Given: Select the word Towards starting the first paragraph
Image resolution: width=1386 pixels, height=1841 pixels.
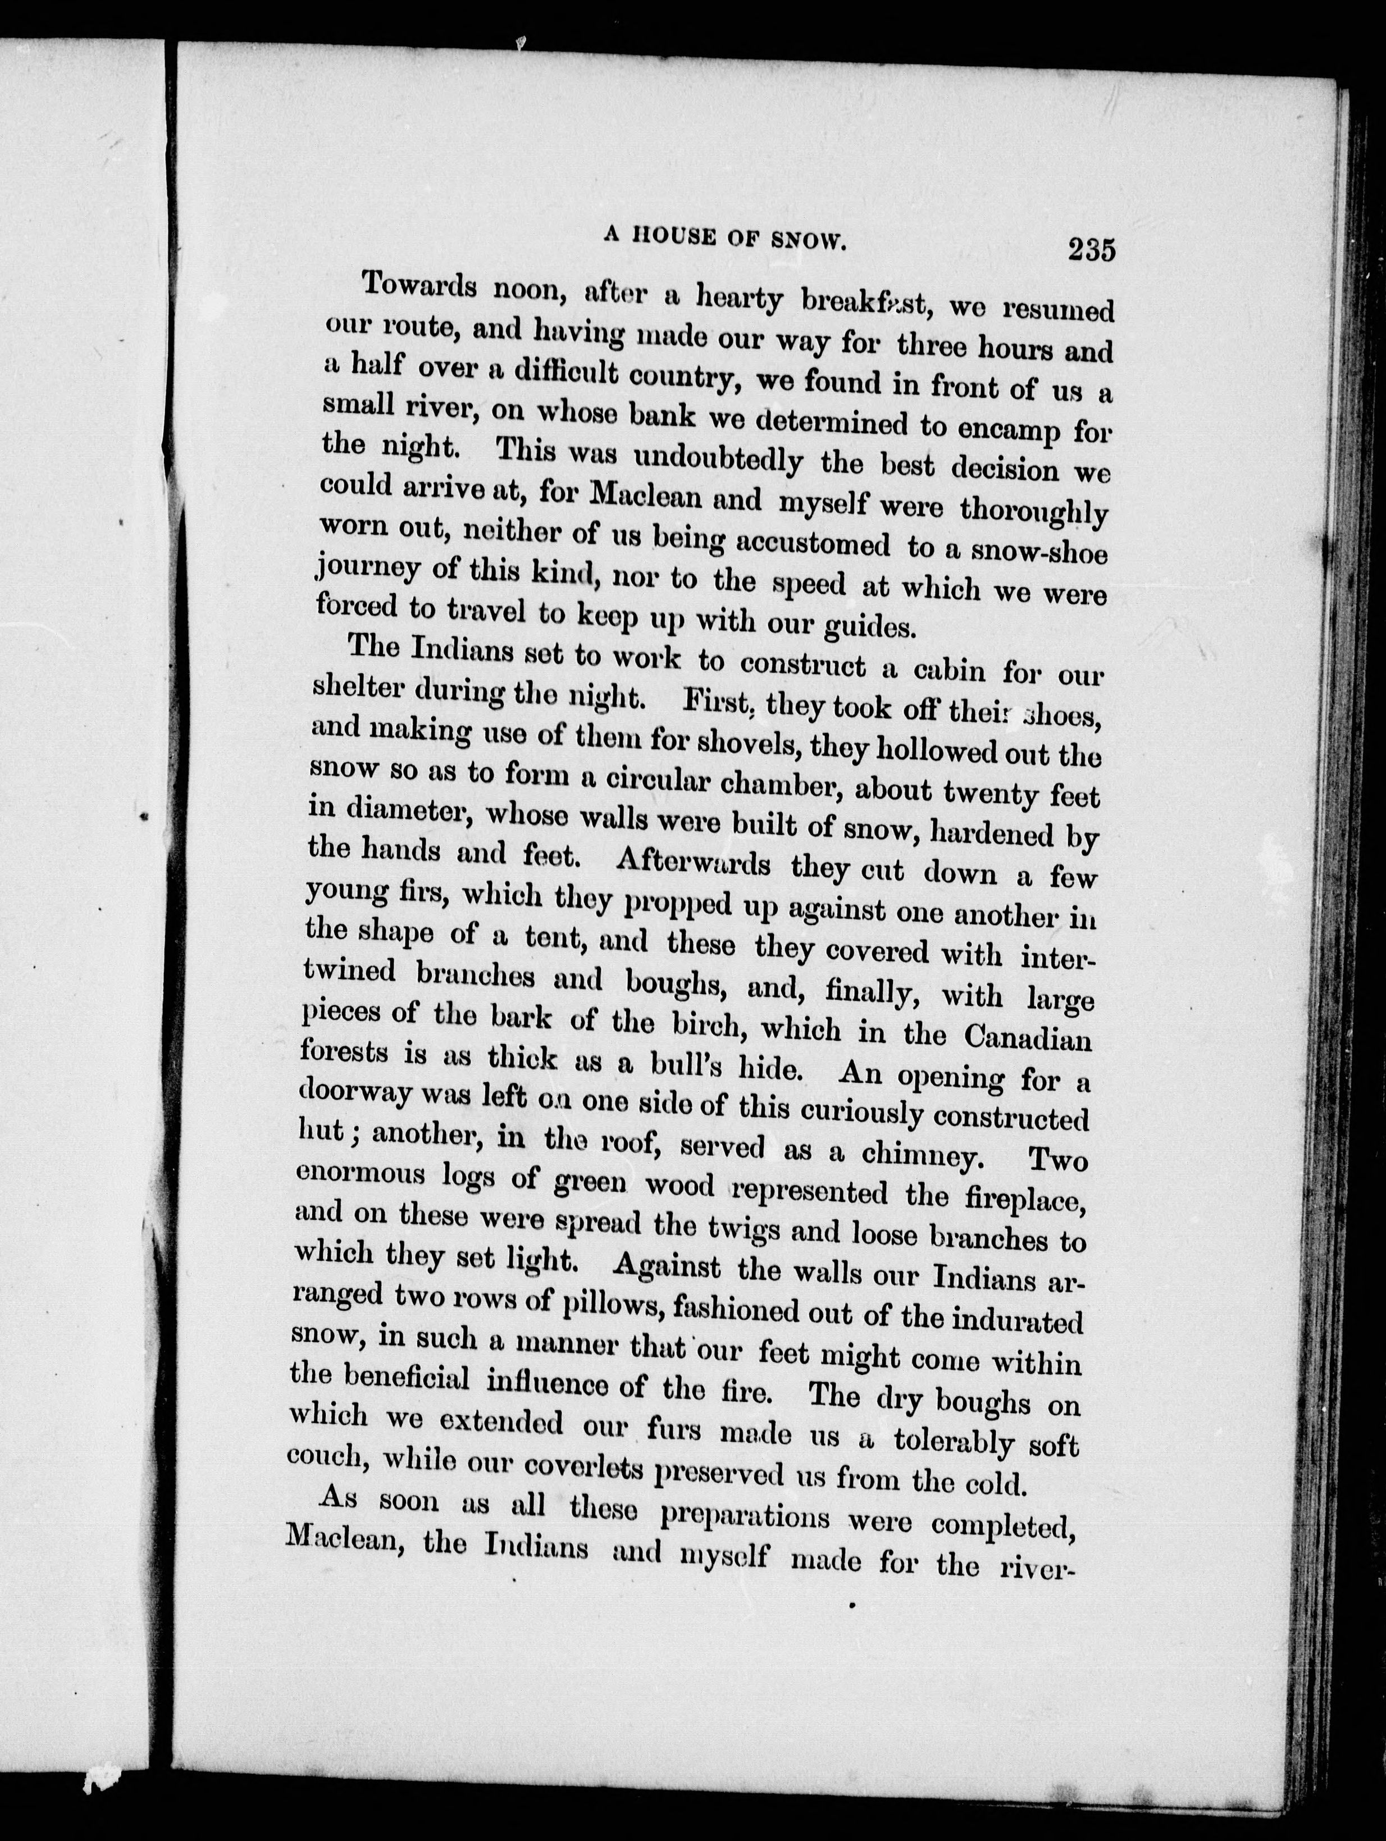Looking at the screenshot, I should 421,287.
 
